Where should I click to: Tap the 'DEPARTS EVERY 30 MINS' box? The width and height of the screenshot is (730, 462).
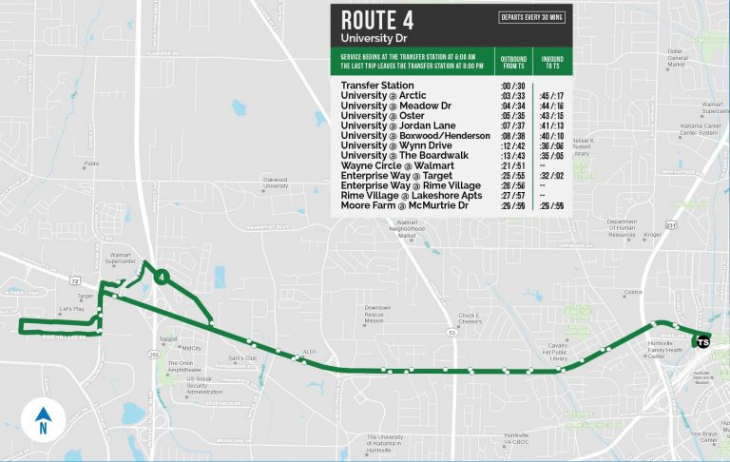[x=530, y=17]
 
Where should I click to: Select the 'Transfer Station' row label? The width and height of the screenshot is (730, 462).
[x=377, y=86]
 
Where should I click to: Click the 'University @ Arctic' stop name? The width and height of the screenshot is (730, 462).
[x=383, y=96]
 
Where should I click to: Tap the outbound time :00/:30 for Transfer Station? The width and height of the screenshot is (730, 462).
[x=512, y=86]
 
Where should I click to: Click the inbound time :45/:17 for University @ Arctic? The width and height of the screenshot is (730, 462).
[x=549, y=96]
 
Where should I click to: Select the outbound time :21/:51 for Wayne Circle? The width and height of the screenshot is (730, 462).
[x=512, y=165]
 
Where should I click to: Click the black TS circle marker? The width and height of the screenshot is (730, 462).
[x=702, y=341]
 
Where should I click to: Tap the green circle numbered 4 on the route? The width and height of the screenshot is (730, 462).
[x=163, y=277]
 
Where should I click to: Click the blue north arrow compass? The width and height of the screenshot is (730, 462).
[x=43, y=418]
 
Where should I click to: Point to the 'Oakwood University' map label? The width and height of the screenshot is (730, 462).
[x=276, y=182]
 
